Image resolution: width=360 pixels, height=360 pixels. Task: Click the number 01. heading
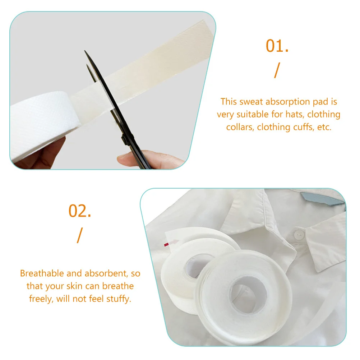(x=277, y=46)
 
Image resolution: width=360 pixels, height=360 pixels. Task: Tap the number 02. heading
(x=80, y=211)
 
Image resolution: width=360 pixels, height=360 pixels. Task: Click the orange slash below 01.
(x=276, y=70)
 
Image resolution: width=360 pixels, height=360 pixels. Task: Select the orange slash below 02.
(x=79, y=235)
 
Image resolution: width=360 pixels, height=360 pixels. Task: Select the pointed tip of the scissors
(x=86, y=52)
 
